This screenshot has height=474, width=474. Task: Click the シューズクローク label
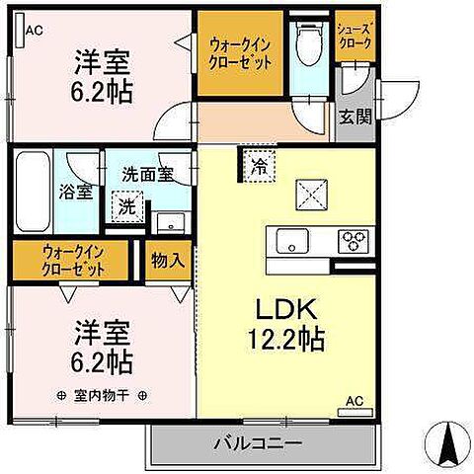pos(354,35)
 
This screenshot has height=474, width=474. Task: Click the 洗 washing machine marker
pos(127,208)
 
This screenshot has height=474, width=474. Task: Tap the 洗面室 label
pos(147,174)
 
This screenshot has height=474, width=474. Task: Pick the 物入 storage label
pos(167,260)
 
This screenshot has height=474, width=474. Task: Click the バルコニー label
pos(259,443)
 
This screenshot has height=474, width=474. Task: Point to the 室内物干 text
pos(101,395)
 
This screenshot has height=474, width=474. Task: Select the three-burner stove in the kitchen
pos(353,239)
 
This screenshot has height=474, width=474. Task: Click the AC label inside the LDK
pos(354,401)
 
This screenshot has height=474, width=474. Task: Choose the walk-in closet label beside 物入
pos(71,260)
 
